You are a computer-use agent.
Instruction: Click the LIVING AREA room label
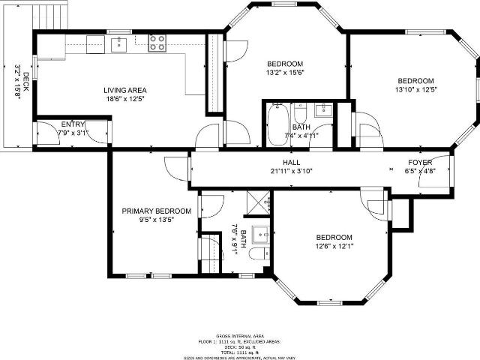click(x=124, y=90)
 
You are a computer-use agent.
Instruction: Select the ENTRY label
click(x=73, y=124)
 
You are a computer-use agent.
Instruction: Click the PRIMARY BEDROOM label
click(x=156, y=211)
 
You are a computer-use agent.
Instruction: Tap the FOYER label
click(x=419, y=163)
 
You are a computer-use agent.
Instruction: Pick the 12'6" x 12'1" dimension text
click(x=334, y=245)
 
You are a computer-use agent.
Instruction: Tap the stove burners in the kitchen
click(x=157, y=43)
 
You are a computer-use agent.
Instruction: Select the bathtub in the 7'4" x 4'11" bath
click(x=277, y=124)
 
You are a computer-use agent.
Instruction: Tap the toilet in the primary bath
click(x=257, y=256)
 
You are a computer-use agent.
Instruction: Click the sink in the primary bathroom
click(x=261, y=233)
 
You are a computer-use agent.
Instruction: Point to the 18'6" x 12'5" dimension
click(x=124, y=98)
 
